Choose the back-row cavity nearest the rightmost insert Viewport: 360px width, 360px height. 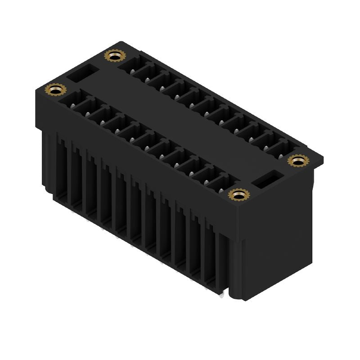click(x=279, y=149)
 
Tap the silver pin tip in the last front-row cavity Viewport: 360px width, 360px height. click(x=222, y=190)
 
